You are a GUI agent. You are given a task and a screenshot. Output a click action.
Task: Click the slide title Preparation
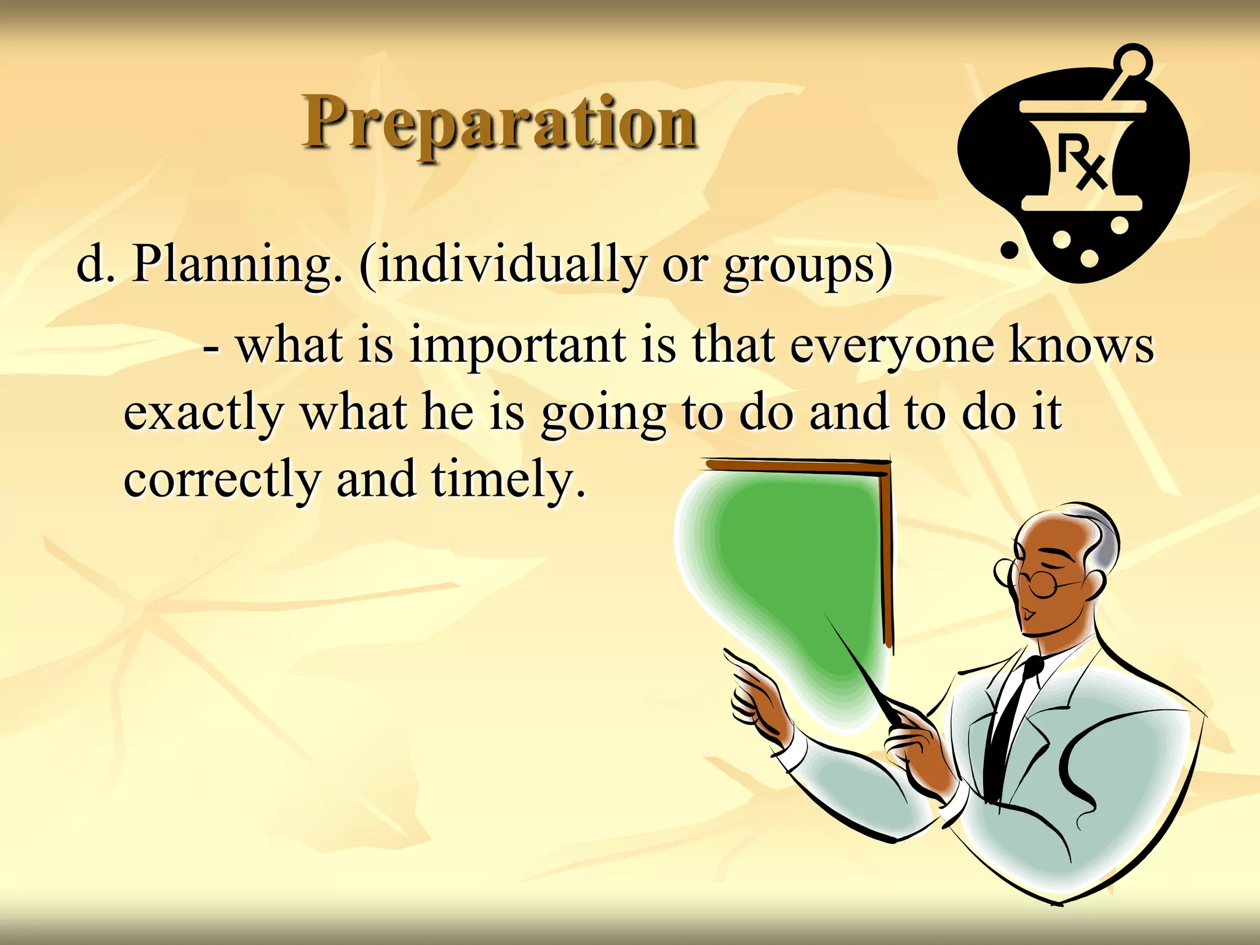coord(500,123)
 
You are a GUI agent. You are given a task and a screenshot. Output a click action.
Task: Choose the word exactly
coord(203,413)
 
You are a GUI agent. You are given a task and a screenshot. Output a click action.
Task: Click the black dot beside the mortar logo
coord(1009,250)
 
